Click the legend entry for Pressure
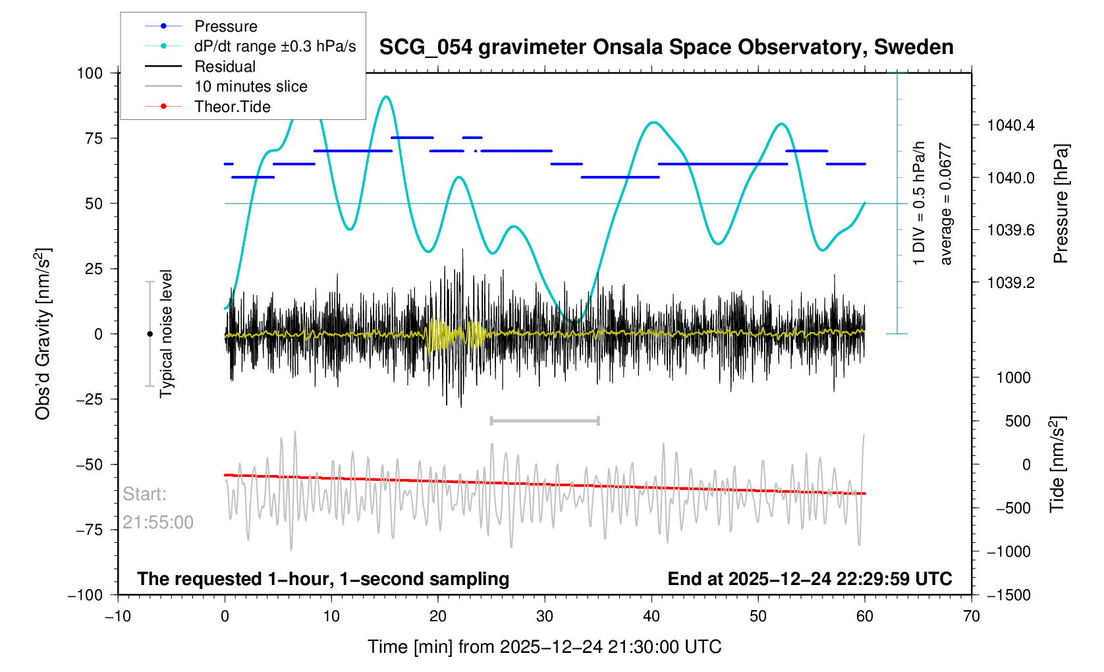[x=225, y=26]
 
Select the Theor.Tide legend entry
[x=232, y=107]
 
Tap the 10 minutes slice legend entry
[x=250, y=86]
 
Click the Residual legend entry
[x=225, y=67]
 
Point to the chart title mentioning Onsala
[x=666, y=47]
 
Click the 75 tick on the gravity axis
[x=90, y=138]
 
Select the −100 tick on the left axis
[x=85, y=595]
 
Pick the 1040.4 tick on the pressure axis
[x=1010, y=125]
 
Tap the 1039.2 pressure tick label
[x=1010, y=283]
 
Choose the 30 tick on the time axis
[x=545, y=617]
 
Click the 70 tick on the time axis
[x=971, y=617]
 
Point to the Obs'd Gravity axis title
[x=43, y=334]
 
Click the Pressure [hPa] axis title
[x=1061, y=204]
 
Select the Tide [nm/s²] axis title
[x=1058, y=464]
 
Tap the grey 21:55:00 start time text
[x=158, y=522]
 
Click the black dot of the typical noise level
[x=150, y=334]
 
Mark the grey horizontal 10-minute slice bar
[x=545, y=420]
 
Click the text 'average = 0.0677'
[x=946, y=204]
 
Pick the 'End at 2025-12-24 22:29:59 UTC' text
[x=810, y=579]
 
